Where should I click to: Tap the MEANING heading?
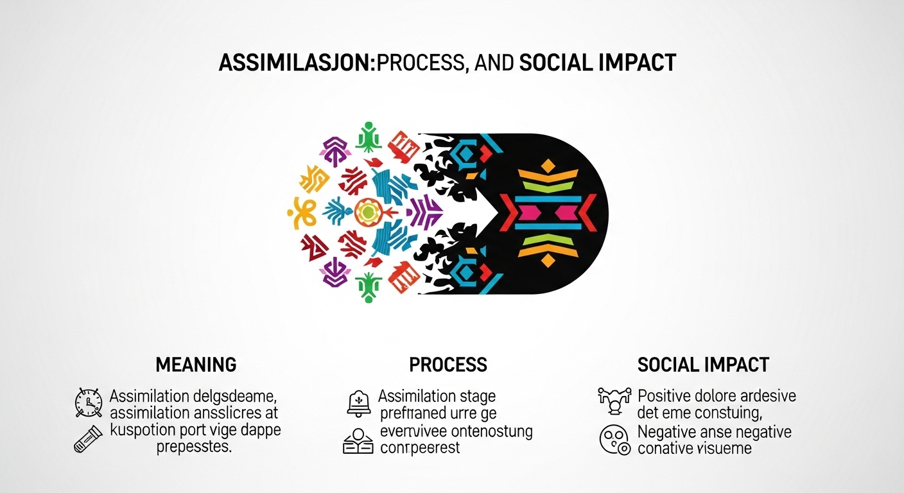point(196,365)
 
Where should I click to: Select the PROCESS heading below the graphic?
point(448,365)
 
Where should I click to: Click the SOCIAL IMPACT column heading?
point(703,365)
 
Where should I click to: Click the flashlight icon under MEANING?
point(88,439)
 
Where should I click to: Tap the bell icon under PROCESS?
point(358,402)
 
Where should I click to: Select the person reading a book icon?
point(358,440)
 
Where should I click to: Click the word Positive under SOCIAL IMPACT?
point(668,395)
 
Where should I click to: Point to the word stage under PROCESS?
point(474,396)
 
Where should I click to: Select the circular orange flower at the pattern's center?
point(367,211)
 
